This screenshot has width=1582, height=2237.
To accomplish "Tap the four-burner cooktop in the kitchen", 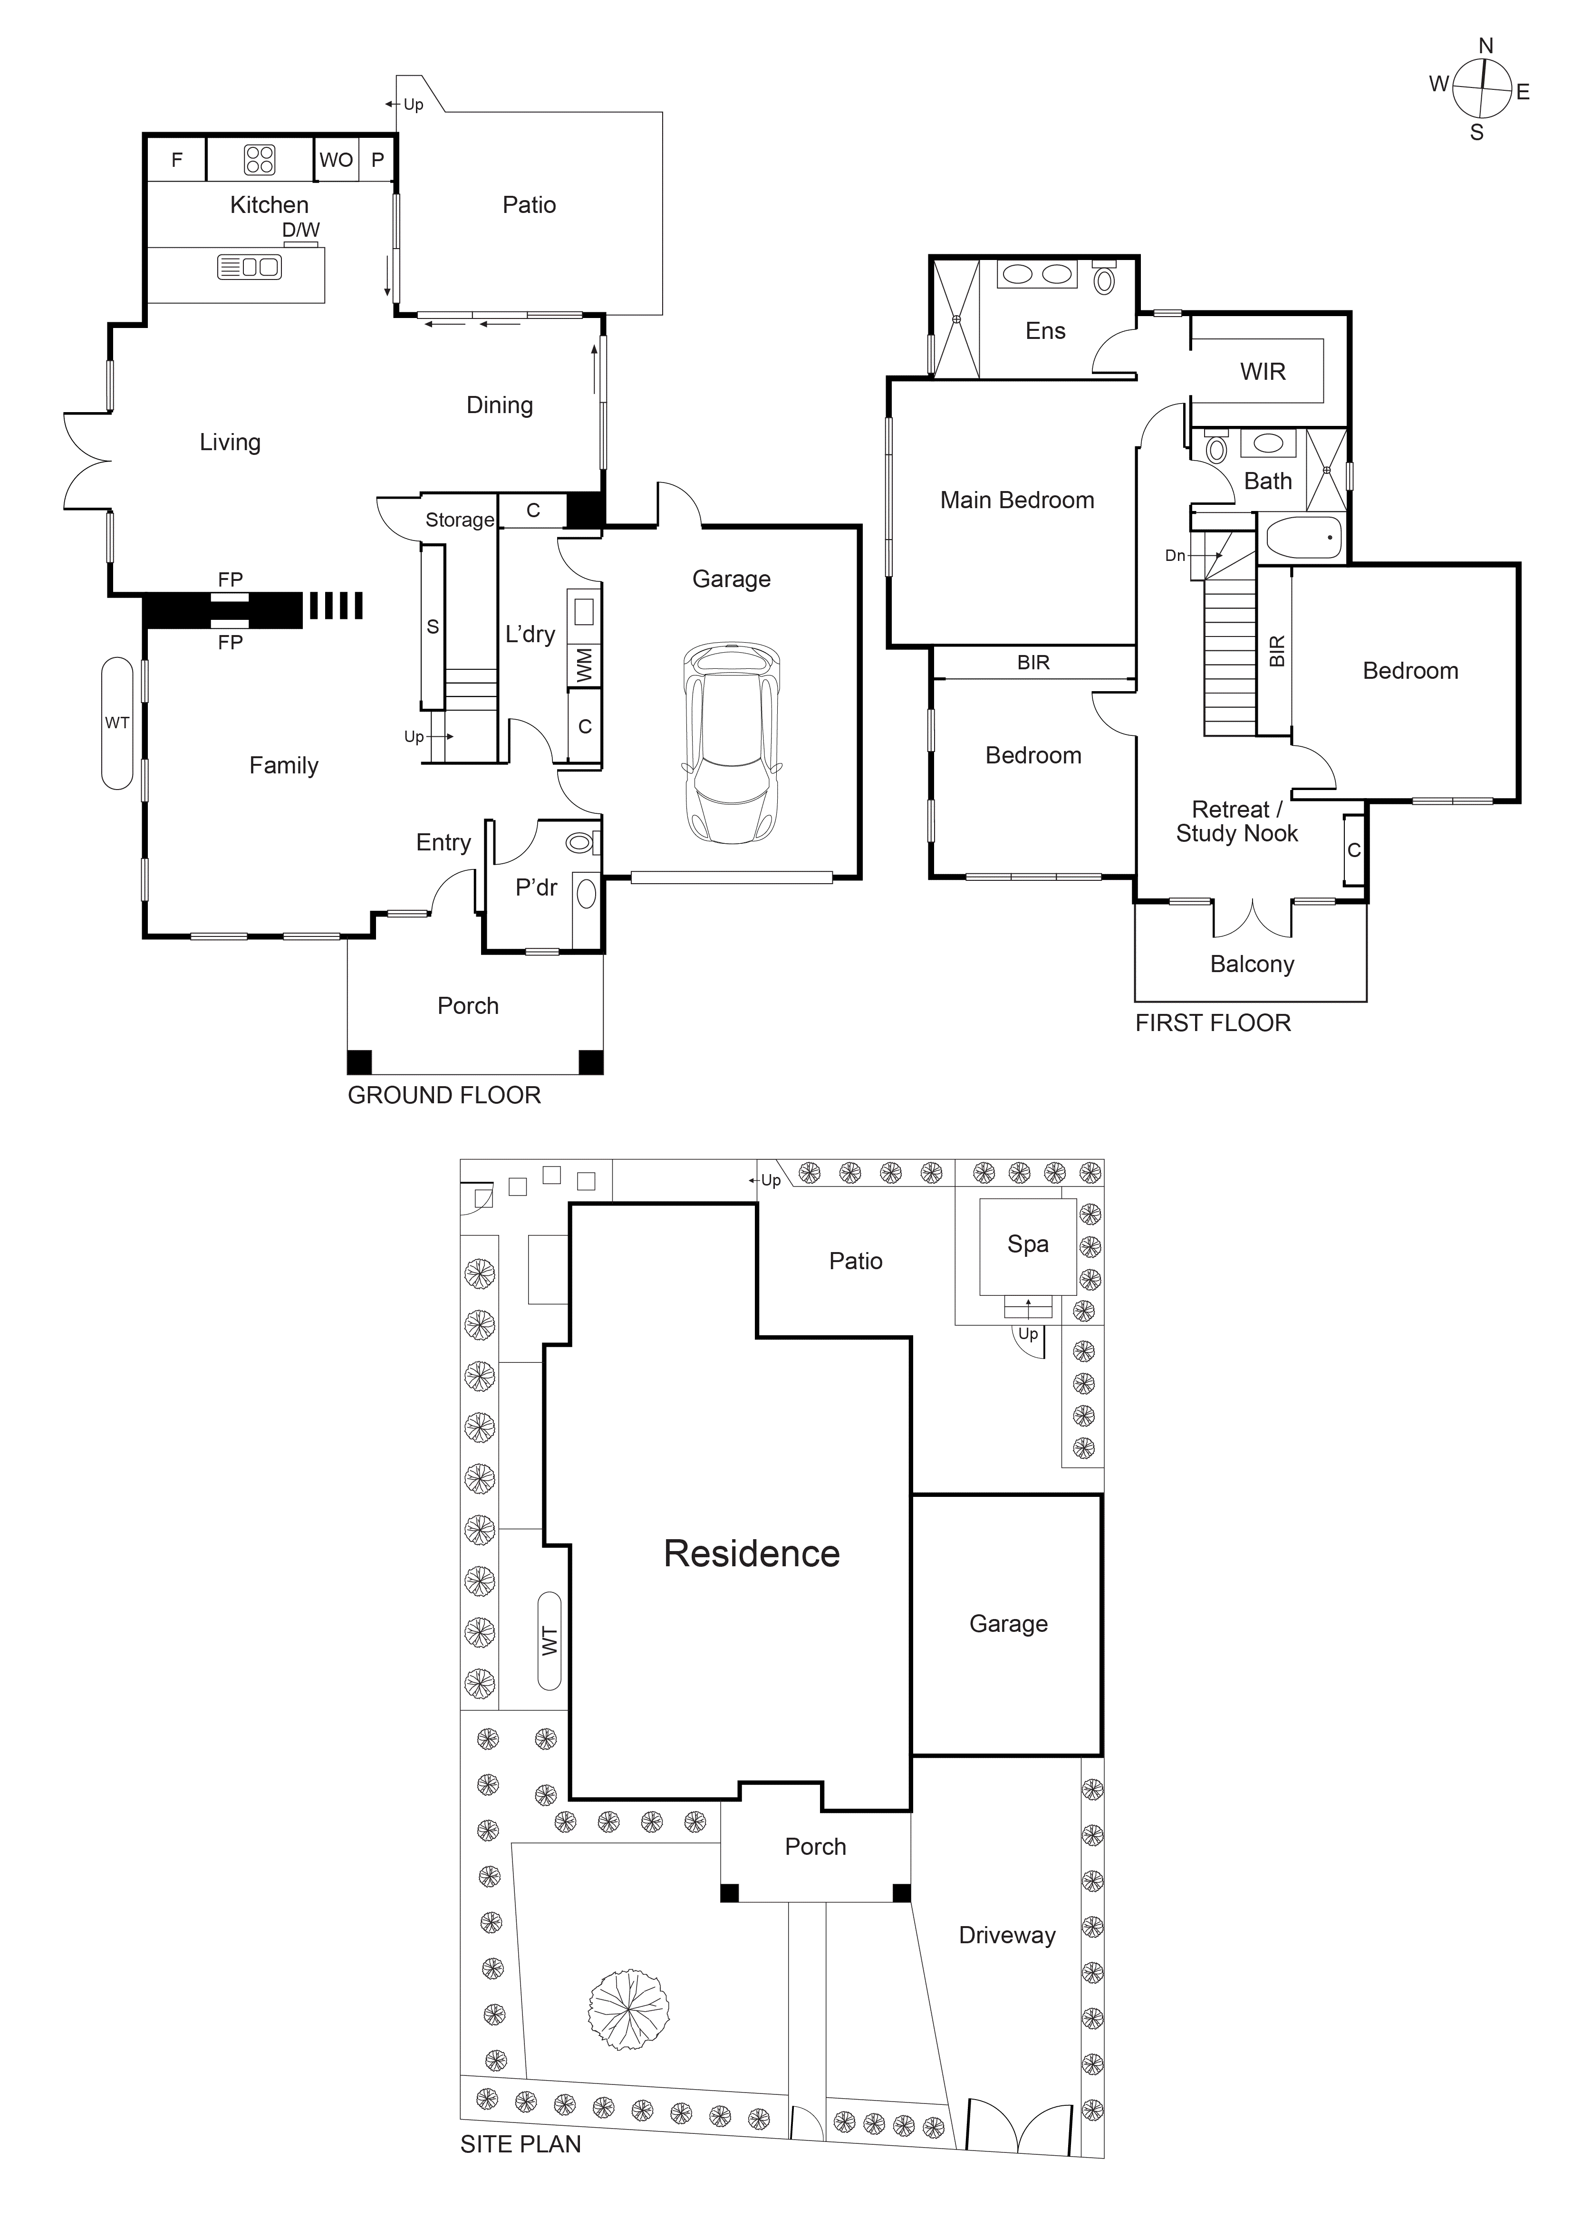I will [x=259, y=160].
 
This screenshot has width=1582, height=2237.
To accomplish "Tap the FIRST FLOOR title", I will [x=1213, y=1023].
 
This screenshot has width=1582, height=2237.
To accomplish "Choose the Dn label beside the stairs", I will [x=1176, y=555].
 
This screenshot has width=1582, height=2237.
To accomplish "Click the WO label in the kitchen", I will [x=336, y=160].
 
